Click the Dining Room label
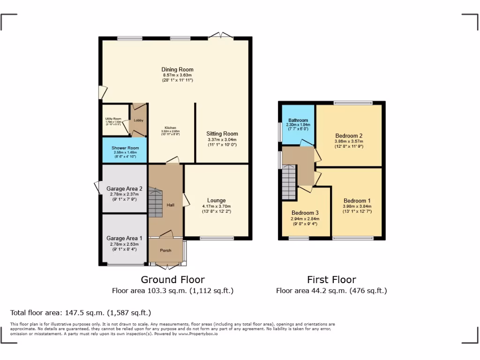(177, 70)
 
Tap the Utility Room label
(113, 119)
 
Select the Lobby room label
(138, 120)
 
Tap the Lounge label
(217, 201)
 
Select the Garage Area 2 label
(124, 189)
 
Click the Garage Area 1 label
(124, 238)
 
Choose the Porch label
(165, 250)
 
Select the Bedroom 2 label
(348, 136)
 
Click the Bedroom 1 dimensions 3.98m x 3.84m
(357, 207)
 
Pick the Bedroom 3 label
(305, 213)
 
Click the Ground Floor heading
(172, 280)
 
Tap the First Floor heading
(331, 280)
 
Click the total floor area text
(81, 313)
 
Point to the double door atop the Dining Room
(220, 36)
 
